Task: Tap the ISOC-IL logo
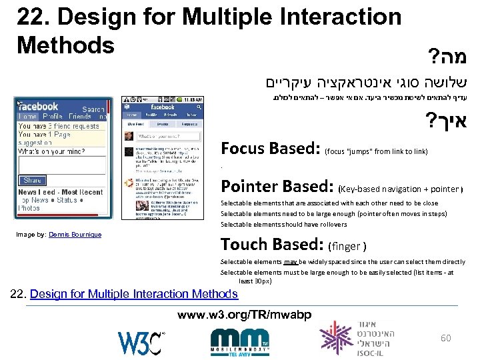[357, 338]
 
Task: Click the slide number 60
[445, 338]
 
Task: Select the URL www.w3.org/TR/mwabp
[245, 314]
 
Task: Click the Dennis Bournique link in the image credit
[75, 235]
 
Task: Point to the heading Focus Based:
[271, 149]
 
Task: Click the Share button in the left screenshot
[32, 180]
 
